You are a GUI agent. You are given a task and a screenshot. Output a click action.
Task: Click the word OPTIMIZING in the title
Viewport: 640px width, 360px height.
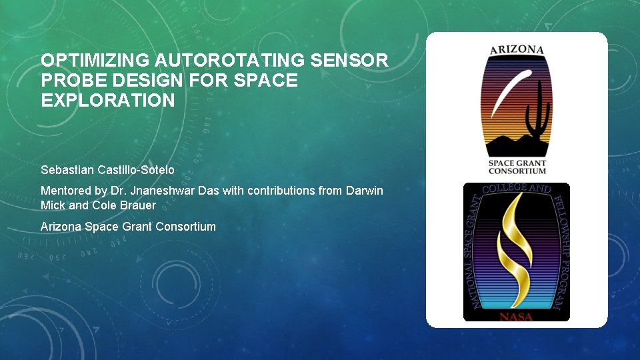[95, 61]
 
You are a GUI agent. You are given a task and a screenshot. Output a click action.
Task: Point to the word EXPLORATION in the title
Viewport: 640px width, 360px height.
[108, 101]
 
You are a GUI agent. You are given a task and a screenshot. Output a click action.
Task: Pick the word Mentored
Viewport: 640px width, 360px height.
[65, 191]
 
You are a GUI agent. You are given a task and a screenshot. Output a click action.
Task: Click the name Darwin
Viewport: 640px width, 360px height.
[365, 191]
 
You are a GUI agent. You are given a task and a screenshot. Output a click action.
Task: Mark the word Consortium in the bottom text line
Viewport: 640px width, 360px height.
[186, 227]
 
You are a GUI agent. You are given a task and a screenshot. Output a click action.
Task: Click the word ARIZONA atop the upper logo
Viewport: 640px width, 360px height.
[517, 49]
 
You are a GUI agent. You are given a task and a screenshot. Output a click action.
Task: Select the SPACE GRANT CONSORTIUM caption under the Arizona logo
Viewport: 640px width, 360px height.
[517, 167]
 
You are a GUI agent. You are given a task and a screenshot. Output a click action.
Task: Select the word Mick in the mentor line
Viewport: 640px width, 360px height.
[53, 205]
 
